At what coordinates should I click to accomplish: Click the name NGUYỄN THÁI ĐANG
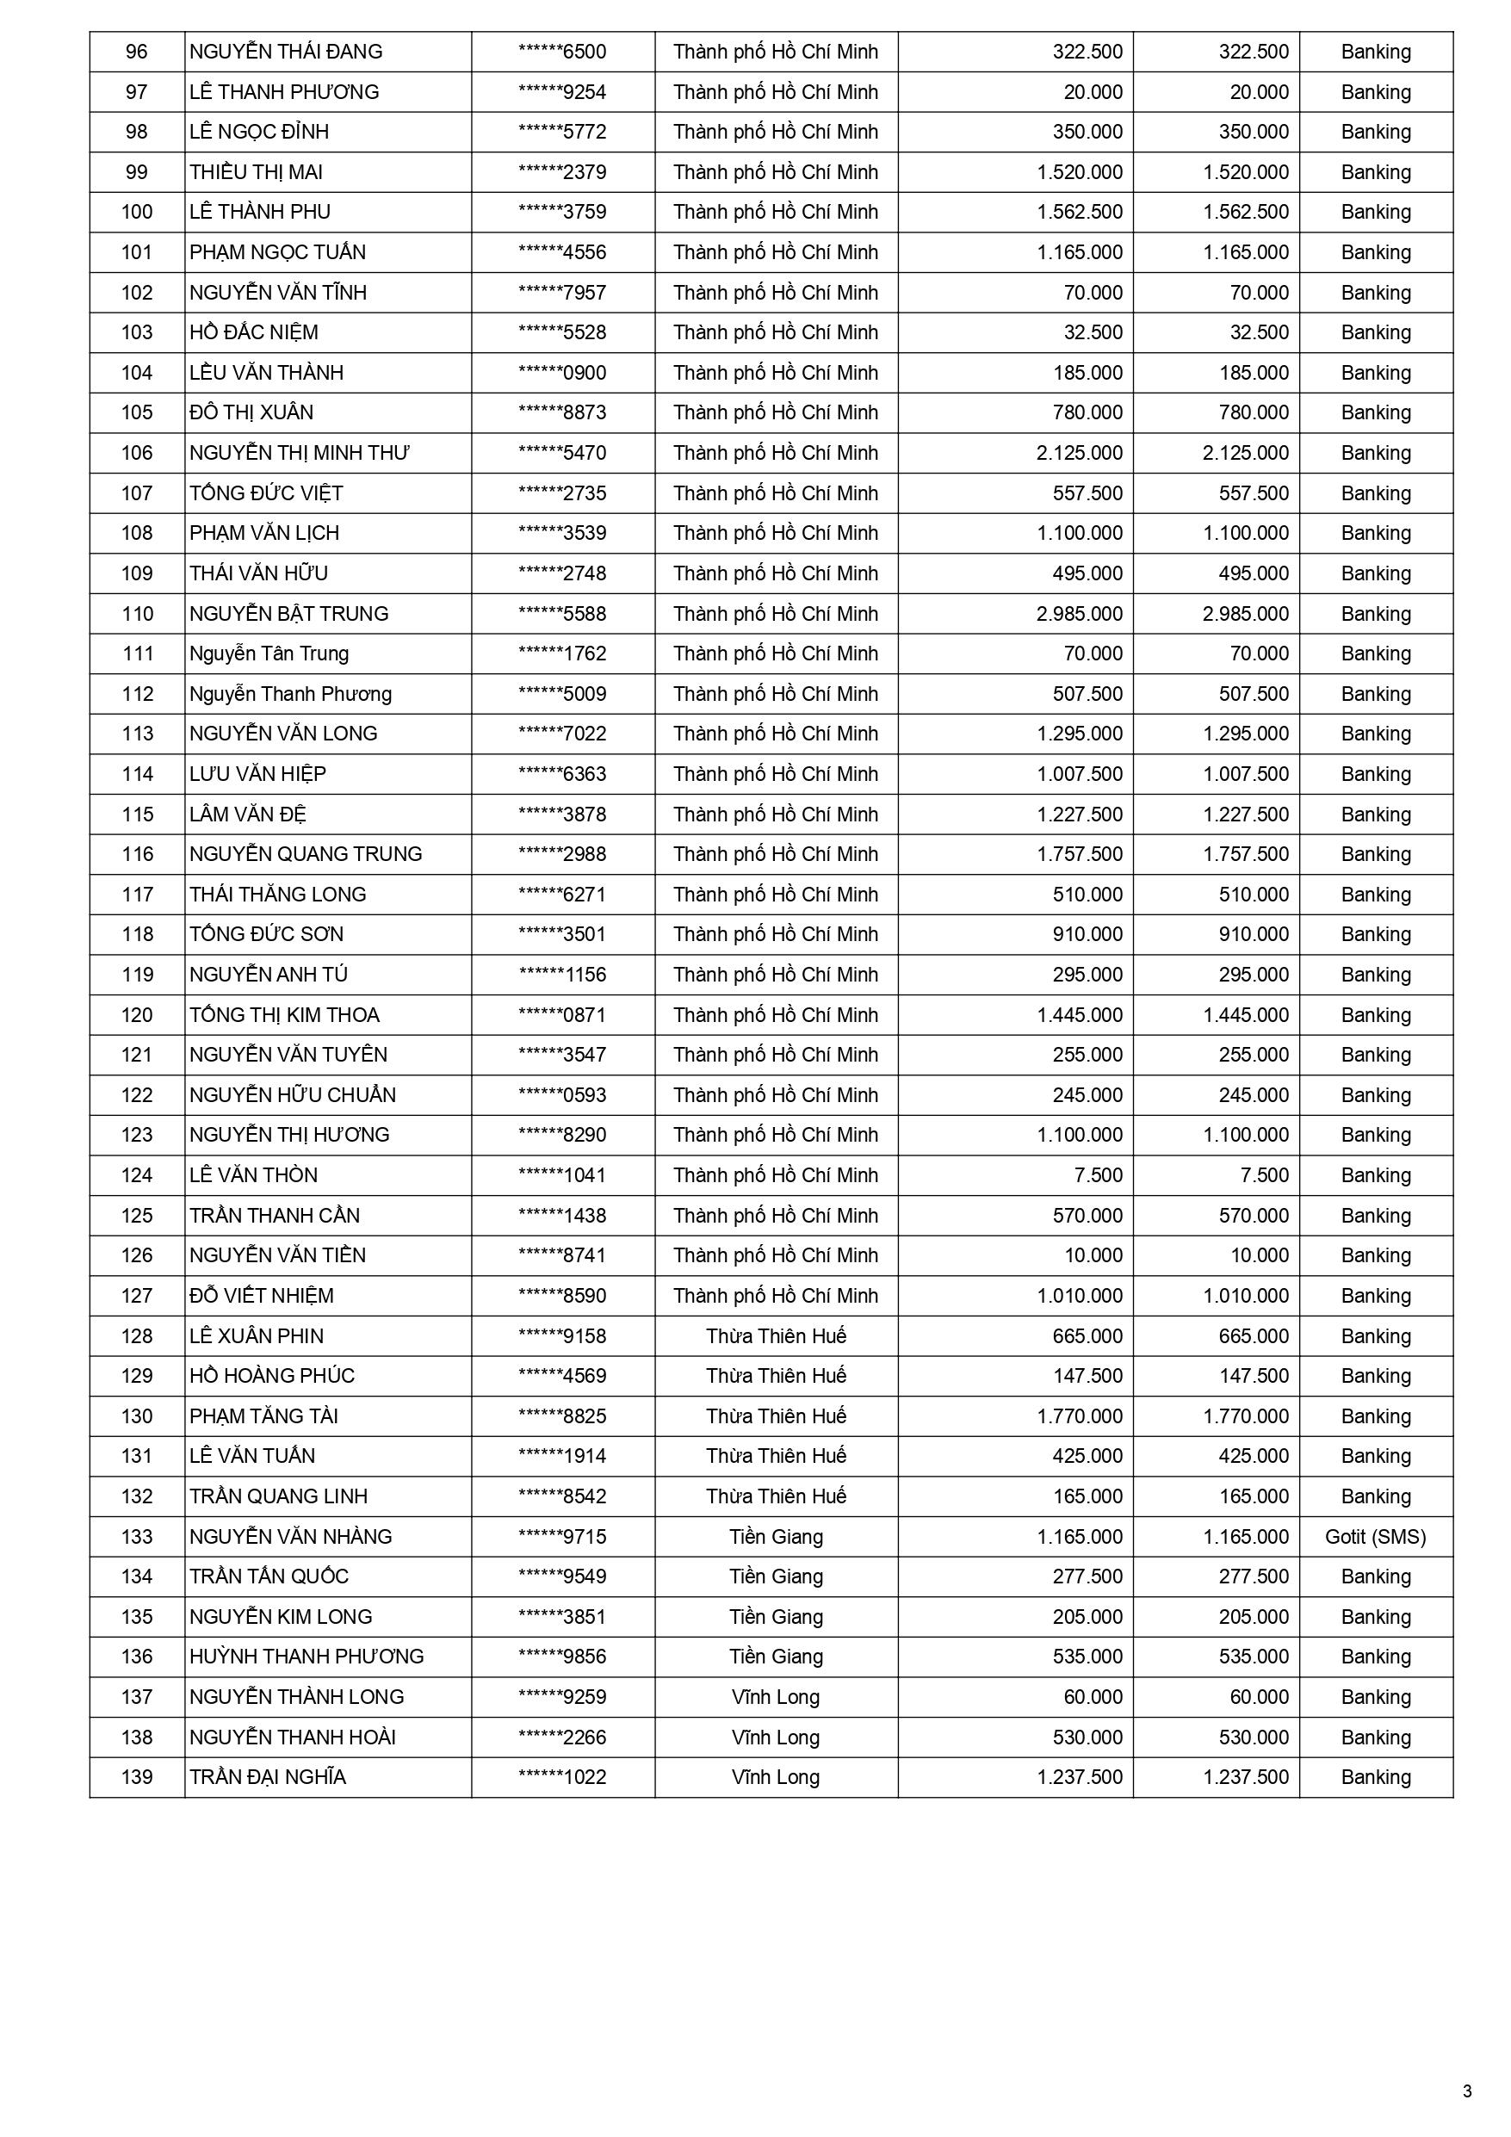pyautogui.click(x=286, y=53)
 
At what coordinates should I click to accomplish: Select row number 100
pyautogui.click(x=137, y=212)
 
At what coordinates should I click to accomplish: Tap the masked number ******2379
pyautogui.click(x=562, y=172)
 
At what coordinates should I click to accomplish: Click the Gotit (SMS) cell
pyautogui.click(x=1375, y=1537)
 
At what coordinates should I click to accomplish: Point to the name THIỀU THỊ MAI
pyautogui.click(x=256, y=172)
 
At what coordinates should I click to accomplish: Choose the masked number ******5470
pyautogui.click(x=562, y=453)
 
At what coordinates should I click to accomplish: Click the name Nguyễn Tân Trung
pyautogui.click(x=269, y=653)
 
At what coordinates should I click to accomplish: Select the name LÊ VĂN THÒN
pyautogui.click(x=253, y=1175)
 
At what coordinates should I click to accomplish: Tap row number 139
pyautogui.click(x=137, y=1777)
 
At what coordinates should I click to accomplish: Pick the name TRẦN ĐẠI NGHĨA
pyautogui.click(x=267, y=1777)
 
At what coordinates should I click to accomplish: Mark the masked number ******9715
pyautogui.click(x=562, y=1537)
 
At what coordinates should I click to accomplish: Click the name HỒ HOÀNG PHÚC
pyautogui.click(x=272, y=1376)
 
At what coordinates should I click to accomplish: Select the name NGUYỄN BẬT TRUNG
pyautogui.click(x=288, y=614)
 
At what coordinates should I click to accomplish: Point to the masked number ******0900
pyautogui.click(x=562, y=373)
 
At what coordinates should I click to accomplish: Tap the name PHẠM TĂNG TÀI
pyautogui.click(x=263, y=1416)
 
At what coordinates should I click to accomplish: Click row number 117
pyautogui.click(x=137, y=895)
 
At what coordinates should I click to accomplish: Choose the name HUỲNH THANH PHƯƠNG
pyautogui.click(x=307, y=1657)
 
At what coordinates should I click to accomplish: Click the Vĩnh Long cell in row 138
pyautogui.click(x=776, y=1737)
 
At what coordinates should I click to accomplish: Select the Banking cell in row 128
pyautogui.click(x=1375, y=1336)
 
